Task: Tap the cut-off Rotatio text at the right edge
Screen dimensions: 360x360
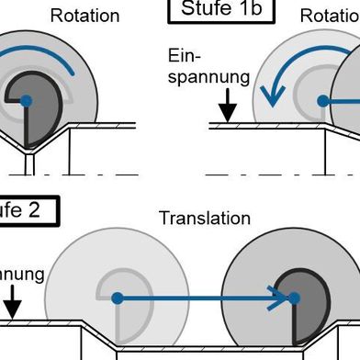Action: [329, 16]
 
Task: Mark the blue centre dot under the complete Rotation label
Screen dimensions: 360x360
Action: [27, 99]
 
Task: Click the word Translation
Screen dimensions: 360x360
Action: [204, 219]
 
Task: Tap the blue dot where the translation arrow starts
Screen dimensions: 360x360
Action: [117, 298]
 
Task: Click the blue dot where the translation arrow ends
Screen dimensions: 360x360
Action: [294, 298]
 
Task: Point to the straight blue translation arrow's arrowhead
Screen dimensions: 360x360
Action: [276, 298]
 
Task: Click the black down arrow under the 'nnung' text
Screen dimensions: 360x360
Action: [13, 305]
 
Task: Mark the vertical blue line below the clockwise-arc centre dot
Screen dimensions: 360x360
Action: [27, 124]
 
